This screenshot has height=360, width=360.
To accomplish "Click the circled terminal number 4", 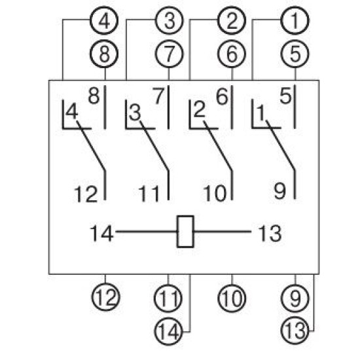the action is point(104,20).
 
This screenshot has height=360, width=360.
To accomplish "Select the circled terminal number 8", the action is point(104,54).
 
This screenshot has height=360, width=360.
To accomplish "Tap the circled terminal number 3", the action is point(170,20).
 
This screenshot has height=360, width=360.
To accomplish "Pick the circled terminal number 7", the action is point(170,54).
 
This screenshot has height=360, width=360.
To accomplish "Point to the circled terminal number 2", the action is point(232,20).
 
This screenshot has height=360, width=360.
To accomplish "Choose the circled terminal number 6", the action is point(232,54).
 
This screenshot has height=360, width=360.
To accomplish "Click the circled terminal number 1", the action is point(295,20).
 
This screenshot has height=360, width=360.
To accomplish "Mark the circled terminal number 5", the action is point(295,54).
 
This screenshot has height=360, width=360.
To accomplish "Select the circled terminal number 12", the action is point(106,297).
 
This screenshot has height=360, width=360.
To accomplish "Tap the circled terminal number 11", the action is point(168,298).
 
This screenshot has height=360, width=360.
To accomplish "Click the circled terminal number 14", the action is point(168,332).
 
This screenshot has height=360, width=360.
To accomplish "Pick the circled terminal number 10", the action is point(232,298).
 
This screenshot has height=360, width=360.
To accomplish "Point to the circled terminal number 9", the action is point(295,298).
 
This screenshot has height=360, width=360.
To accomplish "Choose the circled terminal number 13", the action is point(295,331).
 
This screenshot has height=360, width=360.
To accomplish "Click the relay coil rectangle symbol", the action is point(185,232).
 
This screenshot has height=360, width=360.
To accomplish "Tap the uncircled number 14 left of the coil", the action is point(101,233).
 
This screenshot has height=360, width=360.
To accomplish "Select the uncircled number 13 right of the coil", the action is point(270,233).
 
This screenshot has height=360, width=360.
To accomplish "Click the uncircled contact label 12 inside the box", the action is point(86,194).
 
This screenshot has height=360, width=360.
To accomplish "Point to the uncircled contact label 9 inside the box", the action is point(280,191).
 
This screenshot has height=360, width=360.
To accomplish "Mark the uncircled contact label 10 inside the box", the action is point(215,194).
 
